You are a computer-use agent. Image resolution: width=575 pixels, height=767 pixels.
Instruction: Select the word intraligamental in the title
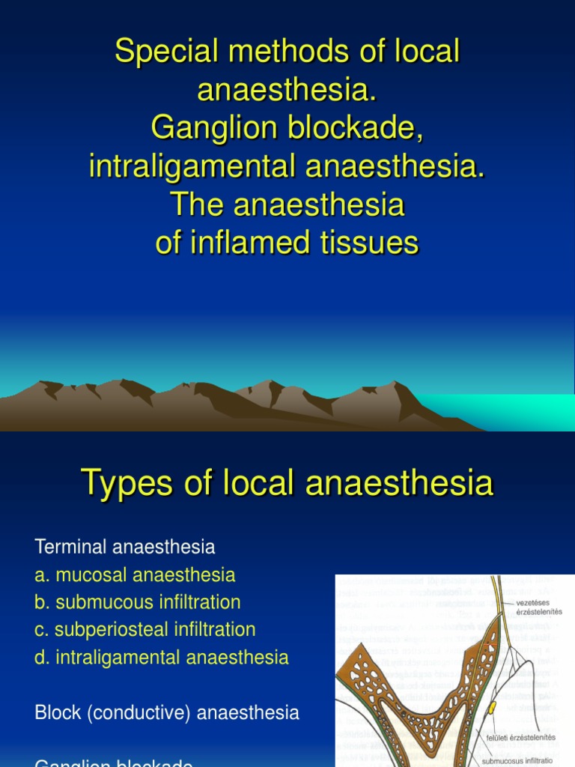click(x=192, y=166)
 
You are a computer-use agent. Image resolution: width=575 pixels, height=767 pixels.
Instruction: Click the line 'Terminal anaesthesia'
click(x=125, y=548)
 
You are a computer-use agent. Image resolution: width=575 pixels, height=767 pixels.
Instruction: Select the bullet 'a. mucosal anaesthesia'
click(x=135, y=575)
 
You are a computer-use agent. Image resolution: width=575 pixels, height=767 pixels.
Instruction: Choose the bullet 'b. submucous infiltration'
click(x=138, y=602)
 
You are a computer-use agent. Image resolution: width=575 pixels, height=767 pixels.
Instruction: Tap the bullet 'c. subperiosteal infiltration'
click(x=145, y=629)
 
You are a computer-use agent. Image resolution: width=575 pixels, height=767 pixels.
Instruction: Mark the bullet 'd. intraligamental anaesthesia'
click(x=161, y=658)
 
